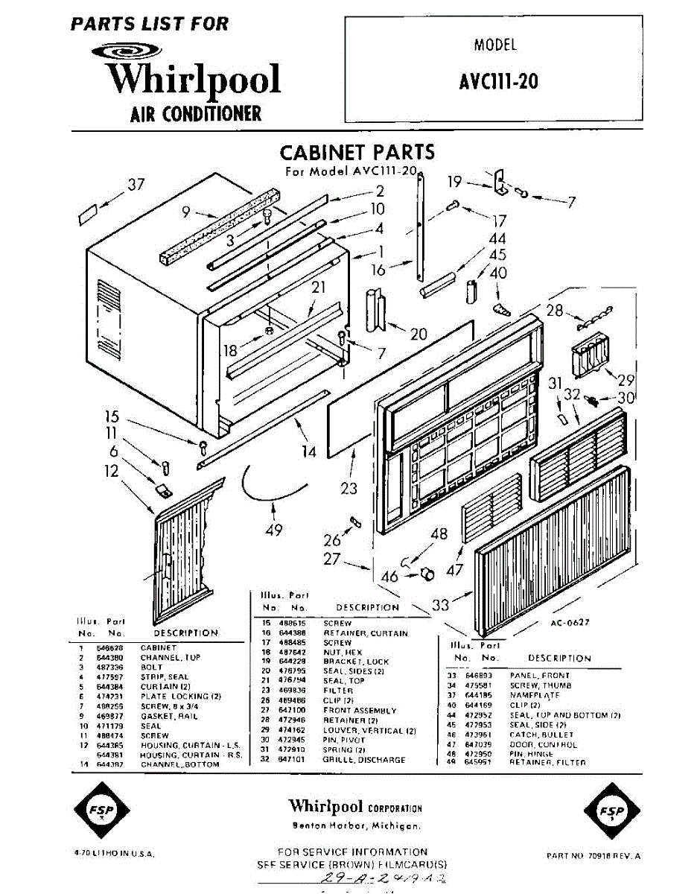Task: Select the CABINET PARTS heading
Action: pos(357,153)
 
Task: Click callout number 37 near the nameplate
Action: pos(136,185)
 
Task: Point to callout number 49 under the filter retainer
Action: pos(274,530)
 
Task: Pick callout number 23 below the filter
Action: pos(349,489)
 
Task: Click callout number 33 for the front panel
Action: pos(441,605)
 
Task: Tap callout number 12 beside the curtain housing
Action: pos(111,471)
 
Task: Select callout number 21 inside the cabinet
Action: pos(319,288)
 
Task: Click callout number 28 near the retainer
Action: pos(555,311)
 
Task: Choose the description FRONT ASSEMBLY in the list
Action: pos(360,711)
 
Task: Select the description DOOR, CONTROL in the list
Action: pos(543,744)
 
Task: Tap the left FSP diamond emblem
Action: pos(98,811)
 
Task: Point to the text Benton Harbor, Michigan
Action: pos(356,826)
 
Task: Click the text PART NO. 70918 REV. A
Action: pos(593,856)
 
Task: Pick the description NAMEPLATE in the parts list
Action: pos(535,695)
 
